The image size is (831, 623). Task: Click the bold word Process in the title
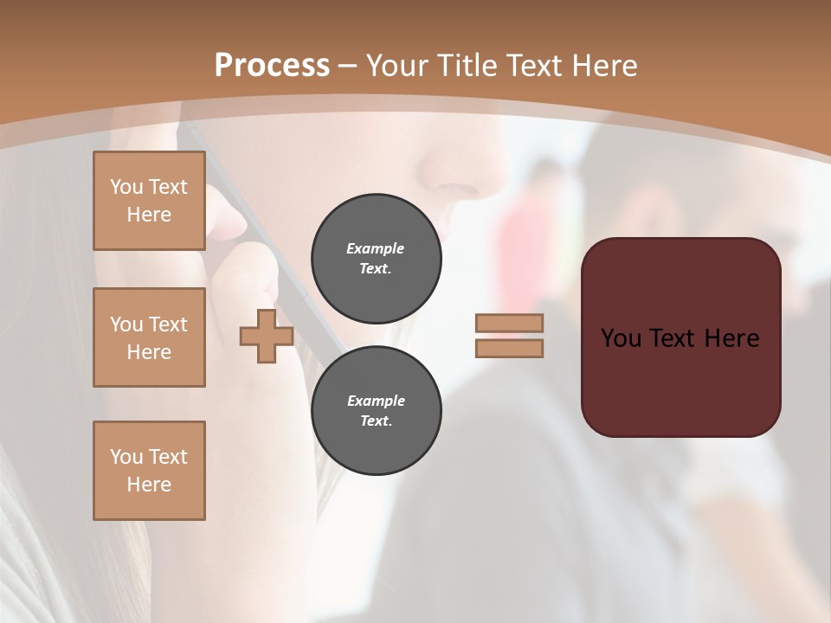(x=272, y=66)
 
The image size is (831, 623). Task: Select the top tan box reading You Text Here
(x=149, y=201)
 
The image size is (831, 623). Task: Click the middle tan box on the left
(x=149, y=337)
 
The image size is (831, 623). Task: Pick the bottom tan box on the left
(x=149, y=471)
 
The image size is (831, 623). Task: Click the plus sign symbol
(x=266, y=337)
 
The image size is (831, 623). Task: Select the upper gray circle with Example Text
(x=376, y=259)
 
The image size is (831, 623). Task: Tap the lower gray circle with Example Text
(x=376, y=411)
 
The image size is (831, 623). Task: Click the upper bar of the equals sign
(x=509, y=323)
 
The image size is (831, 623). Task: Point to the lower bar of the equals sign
(x=509, y=348)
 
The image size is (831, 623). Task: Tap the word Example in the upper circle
(x=375, y=248)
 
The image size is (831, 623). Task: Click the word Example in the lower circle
(x=376, y=401)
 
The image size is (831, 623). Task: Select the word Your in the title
(x=396, y=66)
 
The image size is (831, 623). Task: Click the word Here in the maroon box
(x=732, y=338)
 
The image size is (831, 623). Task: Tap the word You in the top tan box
(x=126, y=187)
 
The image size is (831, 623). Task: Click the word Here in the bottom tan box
(x=149, y=485)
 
